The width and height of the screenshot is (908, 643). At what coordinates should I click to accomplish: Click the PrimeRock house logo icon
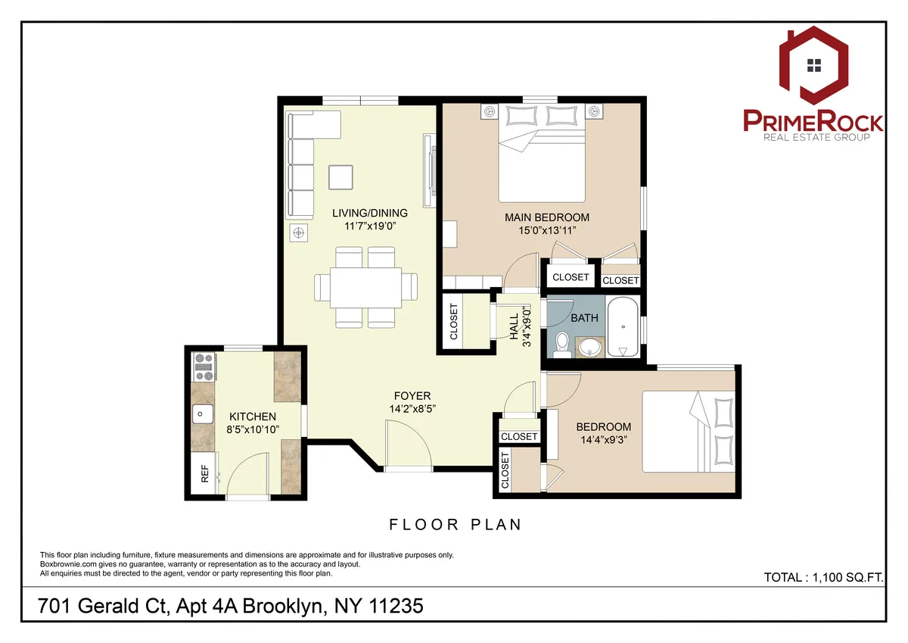(x=813, y=66)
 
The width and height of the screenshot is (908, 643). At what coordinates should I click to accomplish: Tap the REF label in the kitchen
(x=204, y=474)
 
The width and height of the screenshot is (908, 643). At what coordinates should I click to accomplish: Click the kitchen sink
(x=203, y=414)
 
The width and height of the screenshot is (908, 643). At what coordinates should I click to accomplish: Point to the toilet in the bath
(x=561, y=344)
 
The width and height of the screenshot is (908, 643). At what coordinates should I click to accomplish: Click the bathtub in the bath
(x=622, y=328)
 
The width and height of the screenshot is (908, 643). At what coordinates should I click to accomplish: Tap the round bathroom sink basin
(x=589, y=348)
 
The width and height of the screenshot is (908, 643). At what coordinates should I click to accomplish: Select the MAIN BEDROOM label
(x=546, y=217)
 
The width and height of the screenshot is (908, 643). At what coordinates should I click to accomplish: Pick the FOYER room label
(x=412, y=395)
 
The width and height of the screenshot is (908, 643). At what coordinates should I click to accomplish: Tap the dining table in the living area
(x=365, y=287)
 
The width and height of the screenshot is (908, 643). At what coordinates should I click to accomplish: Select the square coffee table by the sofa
(x=340, y=177)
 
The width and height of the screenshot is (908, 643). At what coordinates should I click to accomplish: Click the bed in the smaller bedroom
(x=687, y=432)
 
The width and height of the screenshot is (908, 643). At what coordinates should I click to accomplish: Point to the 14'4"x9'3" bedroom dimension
(x=603, y=439)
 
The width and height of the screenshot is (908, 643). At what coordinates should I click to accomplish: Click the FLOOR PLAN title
(x=455, y=524)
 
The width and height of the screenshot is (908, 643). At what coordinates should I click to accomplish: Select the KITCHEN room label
(x=253, y=417)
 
